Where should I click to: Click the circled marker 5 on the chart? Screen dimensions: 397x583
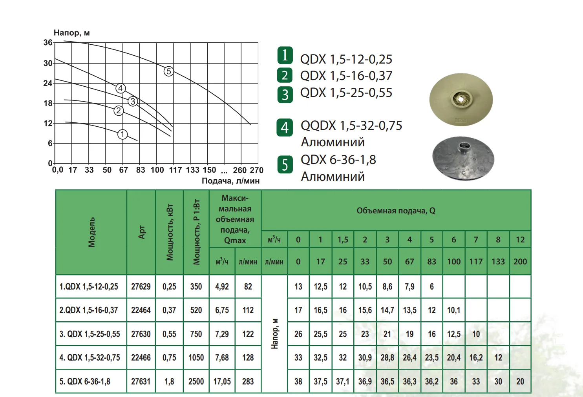point(168,71)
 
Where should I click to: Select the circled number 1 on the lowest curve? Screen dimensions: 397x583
point(122,135)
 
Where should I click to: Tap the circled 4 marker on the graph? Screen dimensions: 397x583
point(121,88)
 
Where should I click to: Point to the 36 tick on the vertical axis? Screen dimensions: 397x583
point(48,42)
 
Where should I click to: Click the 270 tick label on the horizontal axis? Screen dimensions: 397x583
point(256,170)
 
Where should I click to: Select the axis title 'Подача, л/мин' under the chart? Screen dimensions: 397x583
point(230,181)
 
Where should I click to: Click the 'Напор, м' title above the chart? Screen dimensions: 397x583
point(72,33)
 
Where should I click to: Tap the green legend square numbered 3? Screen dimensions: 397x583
point(285,95)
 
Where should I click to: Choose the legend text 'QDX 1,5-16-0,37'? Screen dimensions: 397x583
point(346,76)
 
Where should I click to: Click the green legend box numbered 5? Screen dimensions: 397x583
point(285,165)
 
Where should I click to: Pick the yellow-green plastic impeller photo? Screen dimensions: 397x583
point(461,100)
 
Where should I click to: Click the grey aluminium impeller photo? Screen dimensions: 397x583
point(463,158)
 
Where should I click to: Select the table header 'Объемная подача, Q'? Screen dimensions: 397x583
point(396,211)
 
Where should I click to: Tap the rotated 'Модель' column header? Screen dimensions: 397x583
point(91,232)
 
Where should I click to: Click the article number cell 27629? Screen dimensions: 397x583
point(141,287)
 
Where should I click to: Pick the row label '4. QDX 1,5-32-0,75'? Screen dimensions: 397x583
point(90,358)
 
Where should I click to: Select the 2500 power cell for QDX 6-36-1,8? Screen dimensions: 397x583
point(196,381)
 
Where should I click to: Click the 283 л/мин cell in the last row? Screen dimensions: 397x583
point(248,381)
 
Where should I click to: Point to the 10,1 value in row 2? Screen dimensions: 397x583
point(453,310)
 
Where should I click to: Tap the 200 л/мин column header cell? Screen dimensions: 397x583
point(520,262)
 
